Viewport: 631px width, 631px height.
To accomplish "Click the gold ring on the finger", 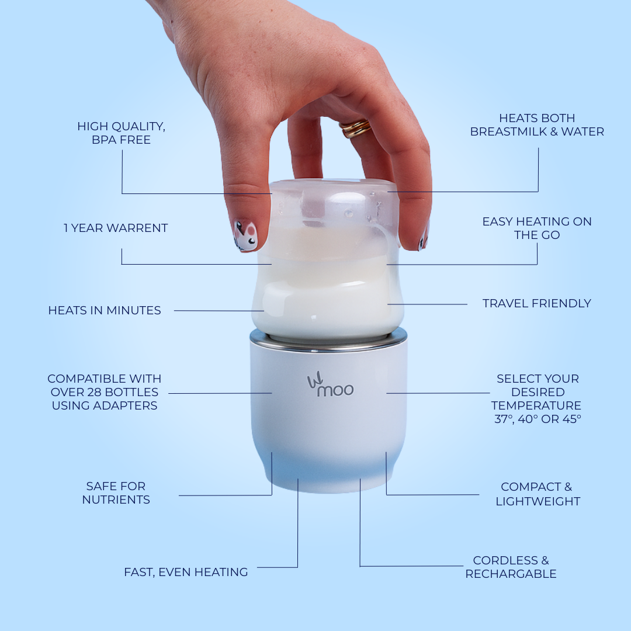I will (356, 128).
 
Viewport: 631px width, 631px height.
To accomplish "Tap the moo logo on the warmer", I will (331, 387).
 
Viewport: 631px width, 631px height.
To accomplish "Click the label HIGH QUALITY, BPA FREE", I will (122, 133).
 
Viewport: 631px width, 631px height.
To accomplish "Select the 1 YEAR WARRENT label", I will (116, 228).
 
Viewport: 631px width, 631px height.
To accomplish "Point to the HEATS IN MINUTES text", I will (105, 311).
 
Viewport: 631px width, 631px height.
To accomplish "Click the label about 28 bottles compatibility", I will (105, 392).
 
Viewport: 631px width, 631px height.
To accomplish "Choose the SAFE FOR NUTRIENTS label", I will (116, 493).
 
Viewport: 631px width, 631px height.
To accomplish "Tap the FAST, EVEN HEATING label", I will (186, 572).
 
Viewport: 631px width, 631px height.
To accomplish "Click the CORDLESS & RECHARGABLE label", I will (511, 567).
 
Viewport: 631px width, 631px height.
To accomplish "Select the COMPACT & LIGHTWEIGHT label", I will (538, 494).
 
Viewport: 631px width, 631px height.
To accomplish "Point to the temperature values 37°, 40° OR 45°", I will (538, 419).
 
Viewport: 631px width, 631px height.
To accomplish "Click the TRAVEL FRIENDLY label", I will (536, 303).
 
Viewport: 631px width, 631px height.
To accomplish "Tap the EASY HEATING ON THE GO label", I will (537, 228).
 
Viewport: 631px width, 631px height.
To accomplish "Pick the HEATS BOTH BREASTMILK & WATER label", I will (537, 125).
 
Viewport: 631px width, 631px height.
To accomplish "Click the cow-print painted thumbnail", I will (245, 235).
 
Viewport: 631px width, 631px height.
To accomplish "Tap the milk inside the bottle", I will (327, 292).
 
